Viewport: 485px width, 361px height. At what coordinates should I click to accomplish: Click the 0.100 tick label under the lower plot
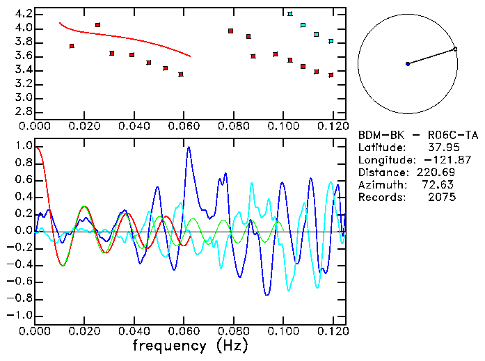tap(283, 332)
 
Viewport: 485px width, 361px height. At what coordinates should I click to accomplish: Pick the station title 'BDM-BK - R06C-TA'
tap(408, 135)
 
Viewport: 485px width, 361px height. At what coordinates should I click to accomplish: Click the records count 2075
tap(443, 198)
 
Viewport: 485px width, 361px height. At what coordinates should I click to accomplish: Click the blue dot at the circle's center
tap(408, 64)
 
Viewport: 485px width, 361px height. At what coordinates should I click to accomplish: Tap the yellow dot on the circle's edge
tap(455, 49)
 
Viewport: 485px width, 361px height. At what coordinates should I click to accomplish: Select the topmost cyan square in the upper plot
tap(290, 14)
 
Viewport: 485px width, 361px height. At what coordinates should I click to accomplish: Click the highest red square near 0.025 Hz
tap(97, 25)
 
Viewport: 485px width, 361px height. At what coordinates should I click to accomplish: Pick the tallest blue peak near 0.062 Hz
tap(188, 147)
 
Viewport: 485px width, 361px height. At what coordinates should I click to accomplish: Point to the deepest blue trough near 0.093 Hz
tap(266, 295)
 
